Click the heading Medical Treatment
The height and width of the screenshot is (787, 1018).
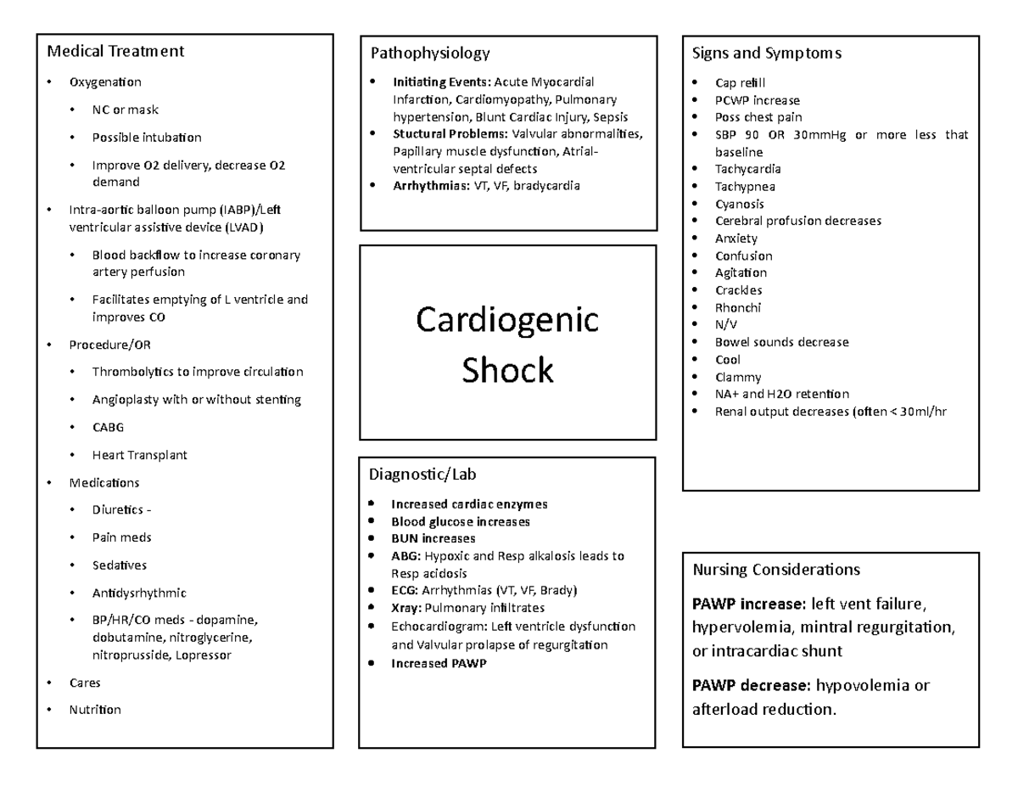(115, 51)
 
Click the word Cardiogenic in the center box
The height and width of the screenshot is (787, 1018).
(507, 321)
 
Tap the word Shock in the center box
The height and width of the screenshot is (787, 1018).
(507, 370)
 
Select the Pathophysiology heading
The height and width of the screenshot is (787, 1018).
(430, 53)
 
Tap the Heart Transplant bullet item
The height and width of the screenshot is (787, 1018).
(139, 455)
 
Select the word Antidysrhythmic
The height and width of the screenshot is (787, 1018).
(139, 593)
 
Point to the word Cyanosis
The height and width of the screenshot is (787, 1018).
(740, 204)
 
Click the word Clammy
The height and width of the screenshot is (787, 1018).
(738, 377)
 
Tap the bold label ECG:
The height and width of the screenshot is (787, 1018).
(405, 590)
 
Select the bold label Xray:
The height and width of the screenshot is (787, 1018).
(406, 608)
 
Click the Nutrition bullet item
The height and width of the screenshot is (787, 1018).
(95, 710)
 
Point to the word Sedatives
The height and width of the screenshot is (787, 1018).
(119, 565)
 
